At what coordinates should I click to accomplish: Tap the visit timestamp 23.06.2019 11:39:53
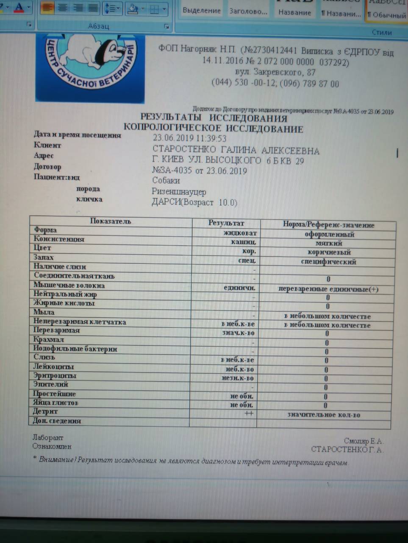189,138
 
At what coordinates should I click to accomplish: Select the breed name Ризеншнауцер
179,192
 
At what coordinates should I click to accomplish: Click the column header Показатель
110,221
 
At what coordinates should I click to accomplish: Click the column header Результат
226,223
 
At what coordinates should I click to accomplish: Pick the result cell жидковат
240,233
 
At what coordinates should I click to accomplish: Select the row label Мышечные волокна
69,285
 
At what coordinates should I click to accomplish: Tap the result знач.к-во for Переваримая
238,333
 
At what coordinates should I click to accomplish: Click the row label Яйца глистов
56,403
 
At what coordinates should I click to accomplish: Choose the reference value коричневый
329,252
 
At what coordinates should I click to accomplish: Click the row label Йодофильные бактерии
75,349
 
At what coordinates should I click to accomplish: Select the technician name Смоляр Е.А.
363,441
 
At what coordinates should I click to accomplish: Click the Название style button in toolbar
294,13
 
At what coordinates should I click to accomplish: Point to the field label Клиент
47,145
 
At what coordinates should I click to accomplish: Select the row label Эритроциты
55,375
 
